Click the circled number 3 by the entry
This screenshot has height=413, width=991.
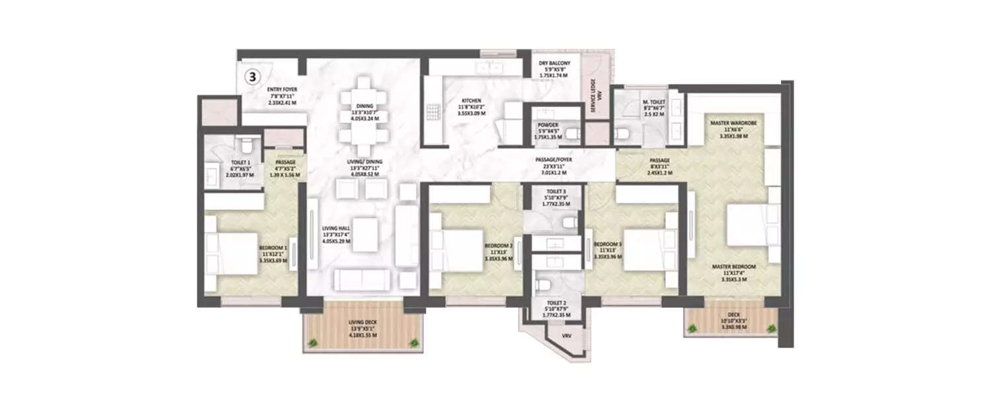tap(252, 76)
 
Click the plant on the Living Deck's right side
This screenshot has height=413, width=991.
tap(414, 343)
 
